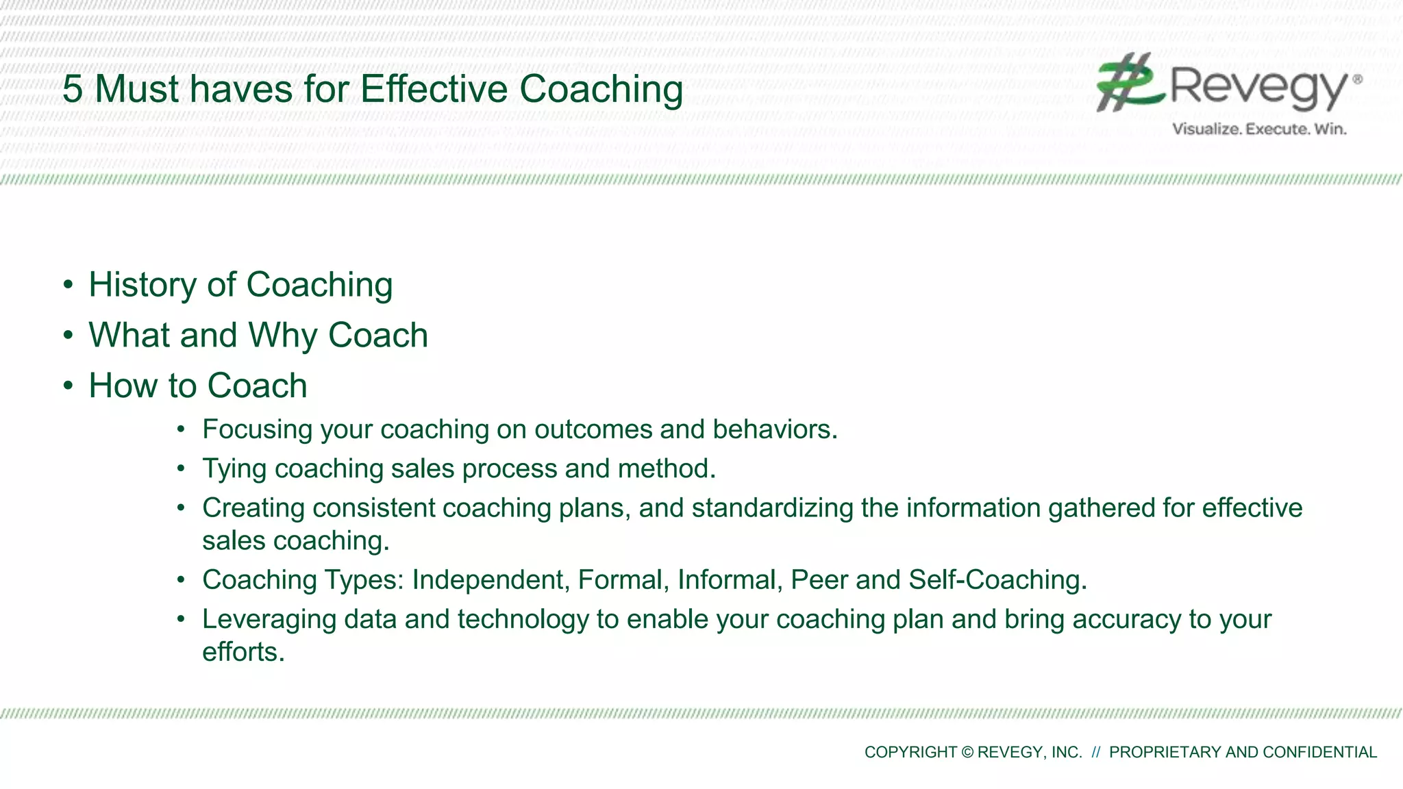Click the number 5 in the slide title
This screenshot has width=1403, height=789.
(73, 90)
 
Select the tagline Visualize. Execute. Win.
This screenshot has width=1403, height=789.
(1259, 129)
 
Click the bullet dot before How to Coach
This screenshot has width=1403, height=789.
(68, 386)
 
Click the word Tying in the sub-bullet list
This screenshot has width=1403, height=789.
(234, 469)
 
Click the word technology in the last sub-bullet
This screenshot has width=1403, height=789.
(523, 619)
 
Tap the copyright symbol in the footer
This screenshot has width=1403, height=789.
(967, 752)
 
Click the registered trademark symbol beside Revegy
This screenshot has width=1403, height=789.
(1357, 79)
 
